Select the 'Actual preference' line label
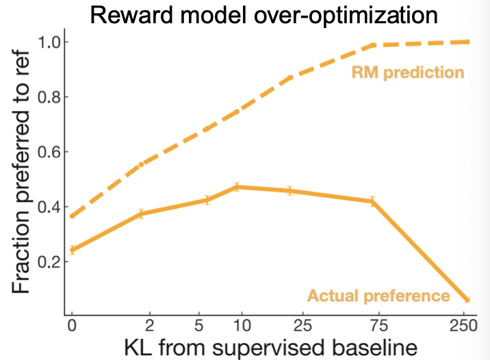click(x=378, y=296)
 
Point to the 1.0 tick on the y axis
click(x=49, y=42)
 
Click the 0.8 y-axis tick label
click(x=49, y=97)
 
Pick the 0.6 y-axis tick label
click(x=49, y=152)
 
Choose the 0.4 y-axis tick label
click(x=49, y=207)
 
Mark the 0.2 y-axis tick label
click(x=49, y=261)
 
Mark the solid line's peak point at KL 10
click(x=237, y=186)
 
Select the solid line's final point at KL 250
click(x=467, y=300)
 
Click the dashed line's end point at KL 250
click(x=467, y=42)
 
